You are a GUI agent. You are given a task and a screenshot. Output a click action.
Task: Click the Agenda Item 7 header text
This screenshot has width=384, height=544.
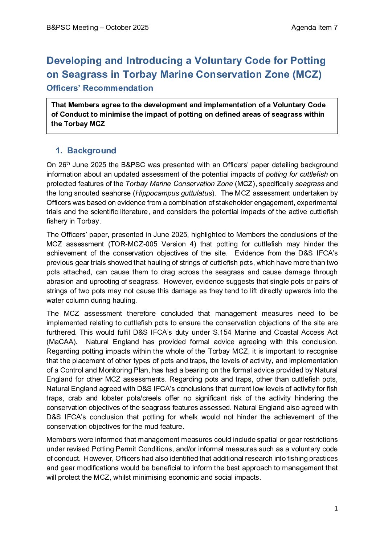click(314, 28)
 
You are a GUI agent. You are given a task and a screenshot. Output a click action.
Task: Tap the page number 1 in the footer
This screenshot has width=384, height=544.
click(336, 508)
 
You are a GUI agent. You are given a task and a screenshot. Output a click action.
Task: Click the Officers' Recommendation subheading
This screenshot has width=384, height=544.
click(100, 88)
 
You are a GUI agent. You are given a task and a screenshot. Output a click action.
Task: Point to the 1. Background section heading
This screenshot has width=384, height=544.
click(86, 150)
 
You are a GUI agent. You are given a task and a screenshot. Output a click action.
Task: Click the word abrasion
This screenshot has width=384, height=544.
click(61, 281)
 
